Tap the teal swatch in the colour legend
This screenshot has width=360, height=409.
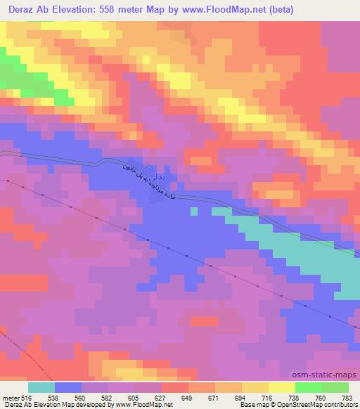coord(41,388)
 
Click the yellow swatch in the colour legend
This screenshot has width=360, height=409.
coord(282,388)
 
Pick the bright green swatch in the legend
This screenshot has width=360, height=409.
coord(308,388)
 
